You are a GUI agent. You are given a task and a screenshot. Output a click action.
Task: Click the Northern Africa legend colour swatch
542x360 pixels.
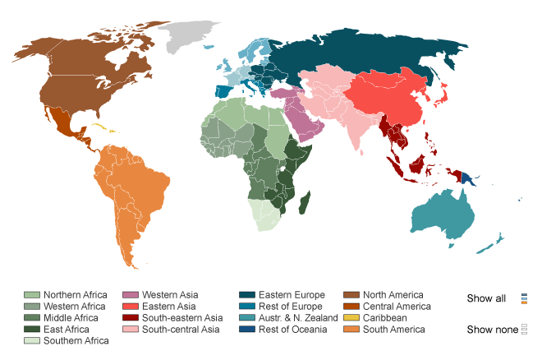pyautogui.click(x=32, y=295)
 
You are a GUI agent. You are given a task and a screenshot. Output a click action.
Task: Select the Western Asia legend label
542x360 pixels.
pyautogui.click(x=170, y=295)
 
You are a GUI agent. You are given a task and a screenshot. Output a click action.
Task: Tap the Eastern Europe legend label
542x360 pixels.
pyautogui.click(x=292, y=295)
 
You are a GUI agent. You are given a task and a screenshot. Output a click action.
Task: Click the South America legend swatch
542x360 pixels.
pyautogui.click(x=351, y=330)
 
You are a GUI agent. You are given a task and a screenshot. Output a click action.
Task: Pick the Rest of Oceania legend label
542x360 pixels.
pyautogui.click(x=292, y=330)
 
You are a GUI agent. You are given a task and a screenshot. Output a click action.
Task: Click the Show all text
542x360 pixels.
pyautogui.click(x=486, y=298)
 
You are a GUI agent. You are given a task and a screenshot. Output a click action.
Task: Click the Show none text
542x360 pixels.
pyautogui.click(x=492, y=330)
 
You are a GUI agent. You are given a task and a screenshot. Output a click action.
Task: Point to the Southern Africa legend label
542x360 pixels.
pyautogui.click(x=76, y=341)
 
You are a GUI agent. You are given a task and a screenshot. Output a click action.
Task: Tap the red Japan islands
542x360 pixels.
pyautogui.click(x=441, y=97)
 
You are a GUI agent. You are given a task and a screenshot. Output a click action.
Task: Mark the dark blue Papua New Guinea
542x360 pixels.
pyautogui.click(x=466, y=177)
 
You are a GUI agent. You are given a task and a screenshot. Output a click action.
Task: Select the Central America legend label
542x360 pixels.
pyautogui.click(x=397, y=307)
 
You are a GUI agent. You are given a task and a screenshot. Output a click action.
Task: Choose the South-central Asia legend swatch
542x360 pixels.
pyautogui.click(x=131, y=330)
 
